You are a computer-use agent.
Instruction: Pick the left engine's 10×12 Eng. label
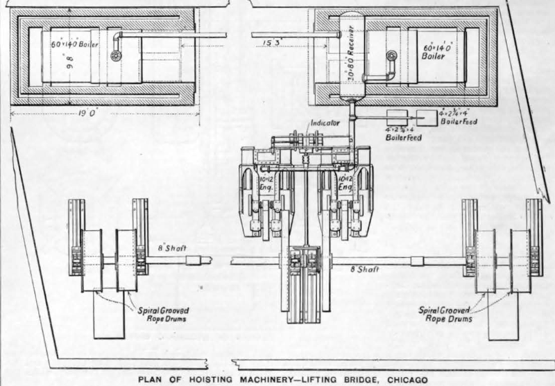pyautogui.click(x=266, y=184)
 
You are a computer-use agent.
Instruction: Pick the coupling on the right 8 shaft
pyautogui.click(x=416, y=261)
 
